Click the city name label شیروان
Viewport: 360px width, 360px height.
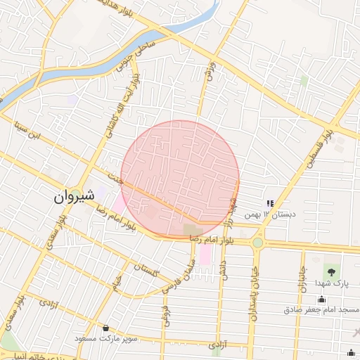(x=73, y=197)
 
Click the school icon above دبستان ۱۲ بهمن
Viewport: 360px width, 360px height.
(x=270, y=203)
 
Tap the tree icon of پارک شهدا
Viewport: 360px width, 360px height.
(x=330, y=271)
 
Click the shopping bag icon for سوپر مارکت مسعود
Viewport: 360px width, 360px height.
(x=106, y=328)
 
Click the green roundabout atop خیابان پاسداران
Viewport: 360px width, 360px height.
(x=258, y=243)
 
